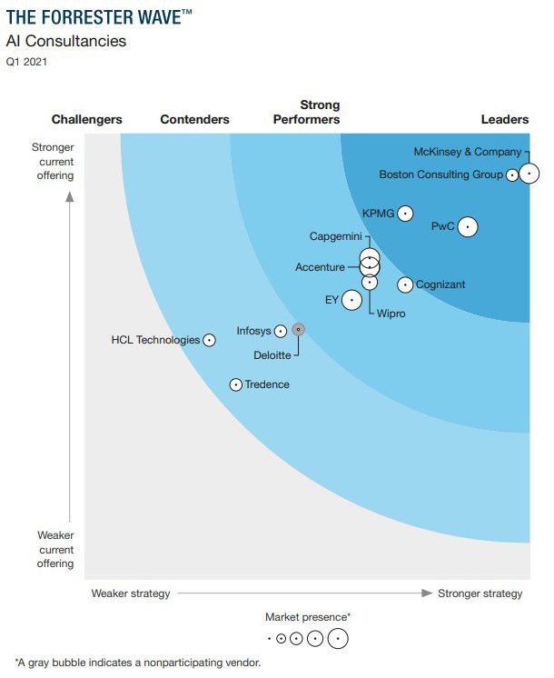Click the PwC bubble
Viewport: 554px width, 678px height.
point(468,226)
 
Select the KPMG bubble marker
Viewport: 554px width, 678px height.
point(405,214)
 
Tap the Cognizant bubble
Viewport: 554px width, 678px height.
point(405,284)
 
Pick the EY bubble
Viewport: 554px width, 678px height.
point(351,300)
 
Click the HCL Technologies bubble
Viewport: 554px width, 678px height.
point(209,340)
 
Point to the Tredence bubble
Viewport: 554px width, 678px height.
point(236,384)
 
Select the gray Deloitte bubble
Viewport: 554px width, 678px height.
point(299,330)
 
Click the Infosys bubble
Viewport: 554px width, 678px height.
point(281,332)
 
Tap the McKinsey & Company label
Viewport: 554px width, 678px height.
point(467,153)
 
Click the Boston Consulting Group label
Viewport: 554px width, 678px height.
point(440,174)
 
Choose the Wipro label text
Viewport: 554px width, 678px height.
point(391,314)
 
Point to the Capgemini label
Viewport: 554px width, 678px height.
point(335,237)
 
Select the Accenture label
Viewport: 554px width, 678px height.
point(320,267)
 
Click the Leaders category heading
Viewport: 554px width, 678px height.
point(504,120)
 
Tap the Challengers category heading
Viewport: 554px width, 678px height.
point(86,120)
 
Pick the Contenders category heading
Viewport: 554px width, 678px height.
point(194,120)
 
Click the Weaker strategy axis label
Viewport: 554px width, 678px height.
point(130,593)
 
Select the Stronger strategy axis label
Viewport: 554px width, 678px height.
point(480,593)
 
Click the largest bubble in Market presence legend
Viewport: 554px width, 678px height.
point(337,638)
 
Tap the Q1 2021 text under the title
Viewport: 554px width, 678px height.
point(26,62)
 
